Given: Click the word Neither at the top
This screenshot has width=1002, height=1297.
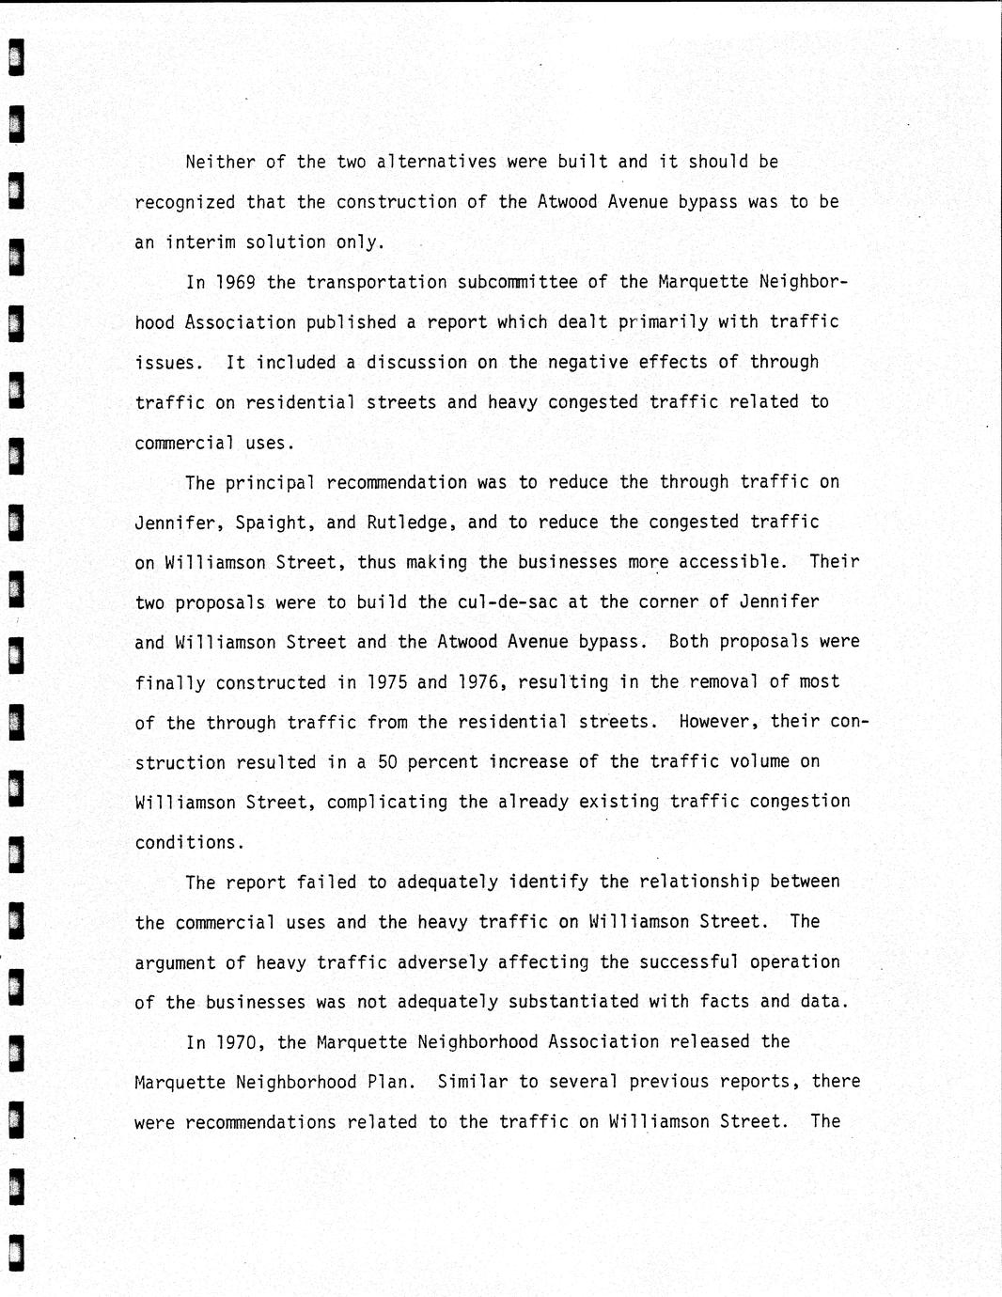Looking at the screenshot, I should (x=220, y=162).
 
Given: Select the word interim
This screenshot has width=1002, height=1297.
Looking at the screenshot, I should (x=200, y=242).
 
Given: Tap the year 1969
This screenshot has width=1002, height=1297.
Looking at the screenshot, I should (x=231, y=282).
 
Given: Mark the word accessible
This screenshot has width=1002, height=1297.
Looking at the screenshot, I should (x=732, y=562).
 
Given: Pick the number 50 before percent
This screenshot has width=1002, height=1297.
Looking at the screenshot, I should (x=387, y=762).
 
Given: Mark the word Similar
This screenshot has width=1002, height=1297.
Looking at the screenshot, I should (x=473, y=1082).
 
